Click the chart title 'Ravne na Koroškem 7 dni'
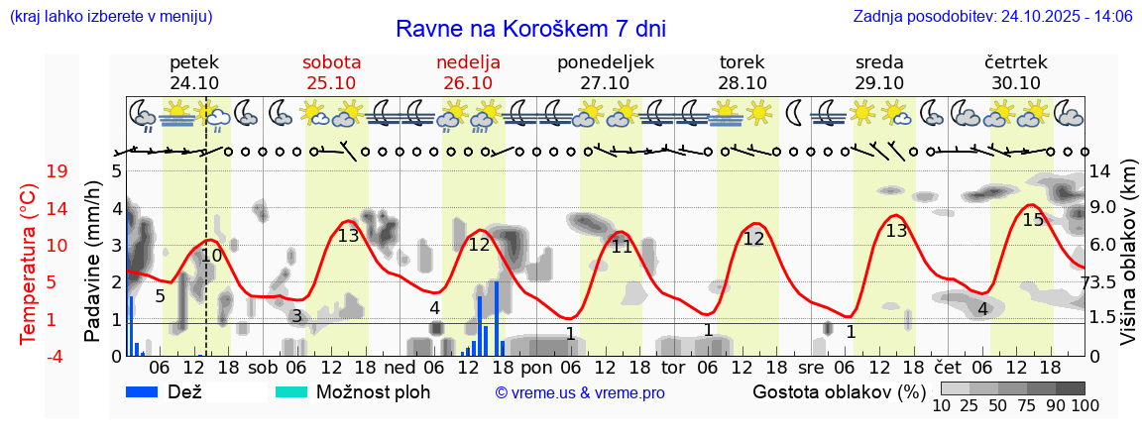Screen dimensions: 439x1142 tap(530, 28)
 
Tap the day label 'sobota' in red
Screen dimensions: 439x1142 tap(331, 62)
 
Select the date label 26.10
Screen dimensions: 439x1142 tap(468, 83)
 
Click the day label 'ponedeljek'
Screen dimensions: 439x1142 tap(606, 62)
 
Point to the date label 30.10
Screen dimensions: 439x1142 tap(1016, 83)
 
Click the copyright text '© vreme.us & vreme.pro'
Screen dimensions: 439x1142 tap(580, 392)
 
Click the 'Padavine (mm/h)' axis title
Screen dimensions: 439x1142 tap(92, 262)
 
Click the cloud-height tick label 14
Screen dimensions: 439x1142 tap(1100, 171)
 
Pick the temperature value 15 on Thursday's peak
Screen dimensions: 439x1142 tap(1033, 219)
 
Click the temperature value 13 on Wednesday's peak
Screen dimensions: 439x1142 tap(896, 231)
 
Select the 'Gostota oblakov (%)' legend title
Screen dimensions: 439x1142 tap(839, 391)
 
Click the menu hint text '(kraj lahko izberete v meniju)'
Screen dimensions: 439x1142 tap(110, 16)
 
